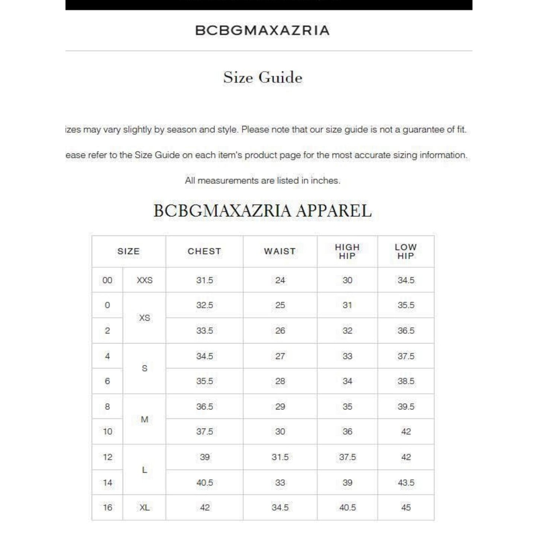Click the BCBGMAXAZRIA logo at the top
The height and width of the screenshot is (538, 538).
pyautogui.click(x=262, y=31)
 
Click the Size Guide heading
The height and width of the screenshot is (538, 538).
pyautogui.click(x=262, y=77)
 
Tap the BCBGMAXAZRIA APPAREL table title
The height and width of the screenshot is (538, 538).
pyautogui.click(x=262, y=211)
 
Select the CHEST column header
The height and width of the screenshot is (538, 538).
pyautogui.click(x=204, y=251)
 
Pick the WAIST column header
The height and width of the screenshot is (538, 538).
pyautogui.click(x=280, y=251)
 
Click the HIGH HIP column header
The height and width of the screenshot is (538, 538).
pyautogui.click(x=347, y=251)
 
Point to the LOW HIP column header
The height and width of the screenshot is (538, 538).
pyautogui.click(x=405, y=251)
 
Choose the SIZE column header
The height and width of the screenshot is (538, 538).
pyautogui.click(x=128, y=251)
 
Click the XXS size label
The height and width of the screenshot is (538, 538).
pyautogui.click(x=144, y=280)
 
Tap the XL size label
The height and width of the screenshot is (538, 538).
pyautogui.click(x=144, y=507)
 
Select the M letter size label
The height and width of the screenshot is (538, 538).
pyautogui.click(x=144, y=419)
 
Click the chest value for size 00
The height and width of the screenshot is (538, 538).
pyautogui.click(x=204, y=280)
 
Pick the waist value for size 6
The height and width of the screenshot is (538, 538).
pyautogui.click(x=280, y=381)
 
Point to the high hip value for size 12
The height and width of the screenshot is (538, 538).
pyautogui.click(x=347, y=457)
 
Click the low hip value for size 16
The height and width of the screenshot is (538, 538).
pyautogui.click(x=406, y=507)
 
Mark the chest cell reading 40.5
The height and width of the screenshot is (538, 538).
pyautogui.click(x=204, y=483)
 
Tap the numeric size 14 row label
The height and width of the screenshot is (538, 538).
pyautogui.click(x=108, y=483)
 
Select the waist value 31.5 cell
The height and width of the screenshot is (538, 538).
pyautogui.click(x=280, y=457)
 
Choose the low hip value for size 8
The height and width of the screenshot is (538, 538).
pyautogui.click(x=406, y=407)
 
